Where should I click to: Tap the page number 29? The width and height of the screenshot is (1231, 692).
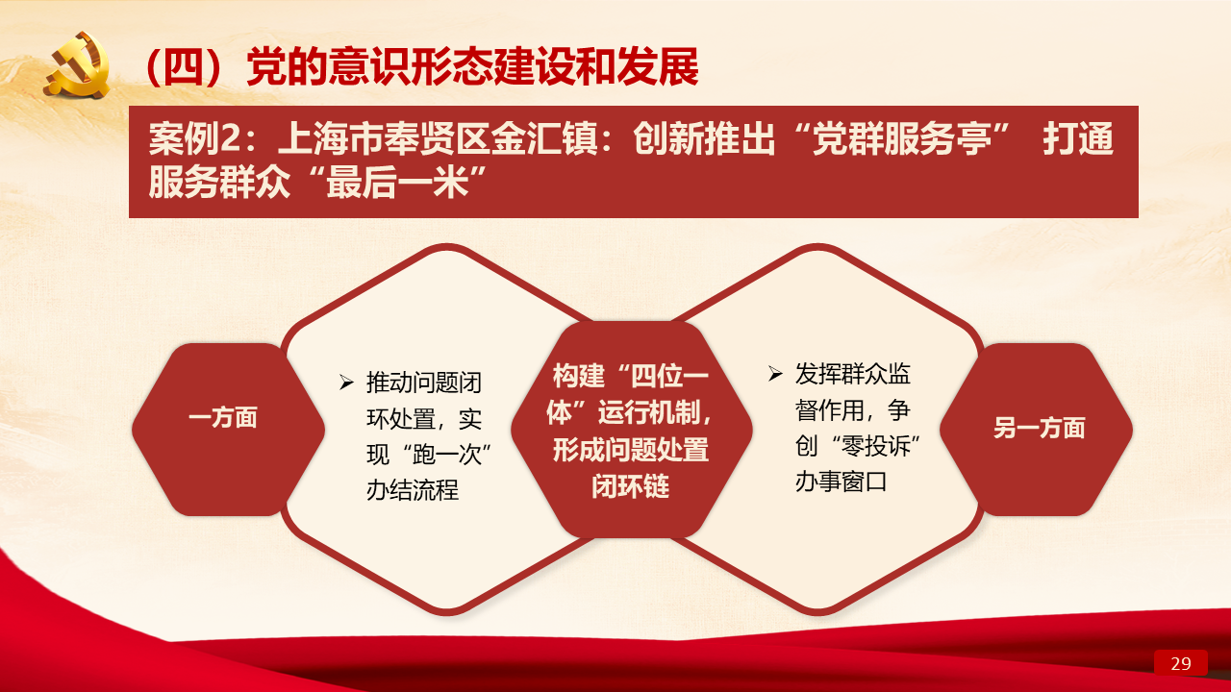(1180, 663)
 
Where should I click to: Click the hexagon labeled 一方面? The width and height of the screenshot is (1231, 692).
(228, 430)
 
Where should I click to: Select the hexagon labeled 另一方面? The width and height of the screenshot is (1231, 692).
(1037, 430)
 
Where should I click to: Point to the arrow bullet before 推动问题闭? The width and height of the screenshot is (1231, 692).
(346, 383)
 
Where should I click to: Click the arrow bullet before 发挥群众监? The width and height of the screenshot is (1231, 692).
(775, 374)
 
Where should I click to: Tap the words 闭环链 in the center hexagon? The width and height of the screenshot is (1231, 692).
(630, 486)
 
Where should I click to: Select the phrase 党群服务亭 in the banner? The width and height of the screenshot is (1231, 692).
(902, 139)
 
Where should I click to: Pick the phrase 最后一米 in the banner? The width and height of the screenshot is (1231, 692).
(398, 183)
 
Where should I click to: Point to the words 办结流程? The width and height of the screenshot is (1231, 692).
(413, 490)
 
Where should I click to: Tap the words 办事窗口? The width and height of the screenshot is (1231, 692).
(841, 482)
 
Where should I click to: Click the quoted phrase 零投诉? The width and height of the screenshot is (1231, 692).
(876, 446)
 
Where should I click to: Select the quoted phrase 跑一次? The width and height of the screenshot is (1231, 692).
(447, 455)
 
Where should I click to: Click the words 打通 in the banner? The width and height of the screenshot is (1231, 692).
(1078, 139)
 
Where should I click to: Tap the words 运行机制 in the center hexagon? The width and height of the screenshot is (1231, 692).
(648, 413)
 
